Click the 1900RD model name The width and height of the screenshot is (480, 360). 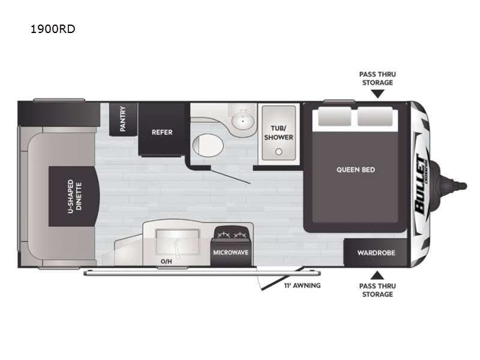point(53,29)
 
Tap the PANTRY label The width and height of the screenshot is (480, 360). point(123,119)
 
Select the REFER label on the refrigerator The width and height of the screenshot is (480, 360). point(162,132)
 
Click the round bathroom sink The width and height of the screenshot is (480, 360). point(243,121)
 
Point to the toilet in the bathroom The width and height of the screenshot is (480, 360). point(208,145)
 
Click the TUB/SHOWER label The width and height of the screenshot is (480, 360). point(278,133)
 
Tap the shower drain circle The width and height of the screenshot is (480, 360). point(278,152)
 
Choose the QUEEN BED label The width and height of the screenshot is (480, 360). point(355,170)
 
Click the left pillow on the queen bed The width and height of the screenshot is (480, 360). point(334,116)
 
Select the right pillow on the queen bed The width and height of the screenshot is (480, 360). point(375,116)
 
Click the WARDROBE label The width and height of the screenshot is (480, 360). point(376,253)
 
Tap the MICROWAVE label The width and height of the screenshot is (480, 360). point(230,253)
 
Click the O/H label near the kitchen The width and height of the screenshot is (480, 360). point(166,262)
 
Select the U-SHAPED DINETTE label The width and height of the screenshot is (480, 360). point(74,196)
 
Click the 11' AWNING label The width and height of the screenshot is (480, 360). point(302,286)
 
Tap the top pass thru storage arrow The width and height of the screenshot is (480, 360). point(377,94)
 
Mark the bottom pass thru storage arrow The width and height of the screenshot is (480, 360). point(377,275)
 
